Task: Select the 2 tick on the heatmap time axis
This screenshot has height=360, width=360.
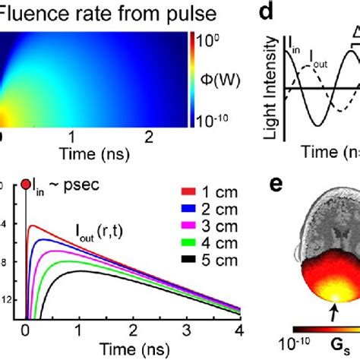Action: [150, 136]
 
